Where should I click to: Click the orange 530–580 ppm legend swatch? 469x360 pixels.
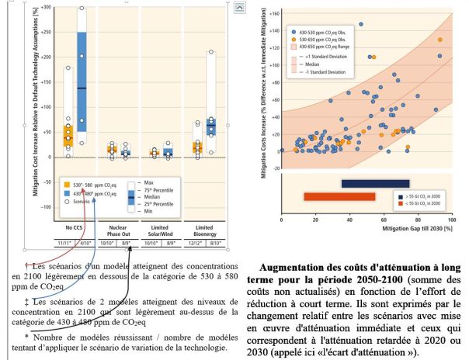coord(67,185)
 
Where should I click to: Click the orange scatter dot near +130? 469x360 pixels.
coord(439,40)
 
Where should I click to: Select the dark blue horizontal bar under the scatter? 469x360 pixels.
coord(374,183)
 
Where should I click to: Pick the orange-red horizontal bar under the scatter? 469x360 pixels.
coord(339,196)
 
